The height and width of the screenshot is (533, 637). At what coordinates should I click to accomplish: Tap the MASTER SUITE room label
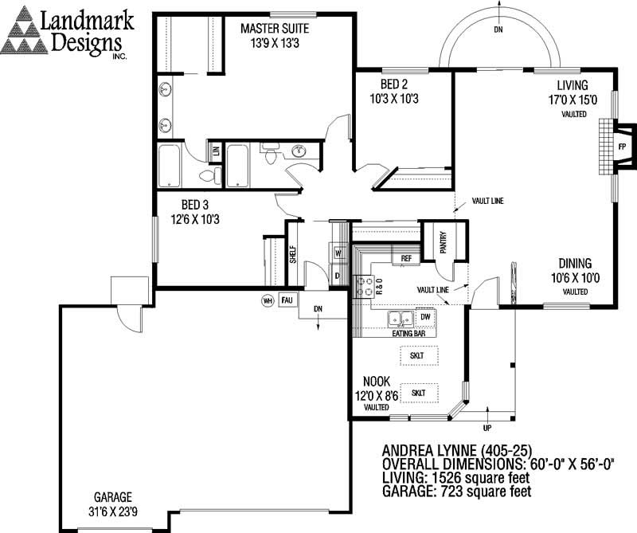coord(275,29)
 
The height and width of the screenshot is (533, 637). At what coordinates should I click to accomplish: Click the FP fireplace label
coord(621,147)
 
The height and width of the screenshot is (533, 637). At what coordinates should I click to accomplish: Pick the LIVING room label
coord(573,86)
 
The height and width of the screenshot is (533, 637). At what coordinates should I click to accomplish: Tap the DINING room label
coord(573,264)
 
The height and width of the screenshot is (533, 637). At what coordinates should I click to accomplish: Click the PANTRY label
coord(443,242)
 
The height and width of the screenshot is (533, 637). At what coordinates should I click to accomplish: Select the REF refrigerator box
coord(405,258)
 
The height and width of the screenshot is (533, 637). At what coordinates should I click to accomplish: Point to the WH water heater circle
coord(268,300)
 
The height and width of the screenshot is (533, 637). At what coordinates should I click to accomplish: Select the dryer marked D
coord(337,276)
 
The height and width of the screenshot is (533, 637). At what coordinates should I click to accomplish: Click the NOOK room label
coord(376,381)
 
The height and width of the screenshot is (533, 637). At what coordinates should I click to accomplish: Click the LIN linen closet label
coord(215,150)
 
